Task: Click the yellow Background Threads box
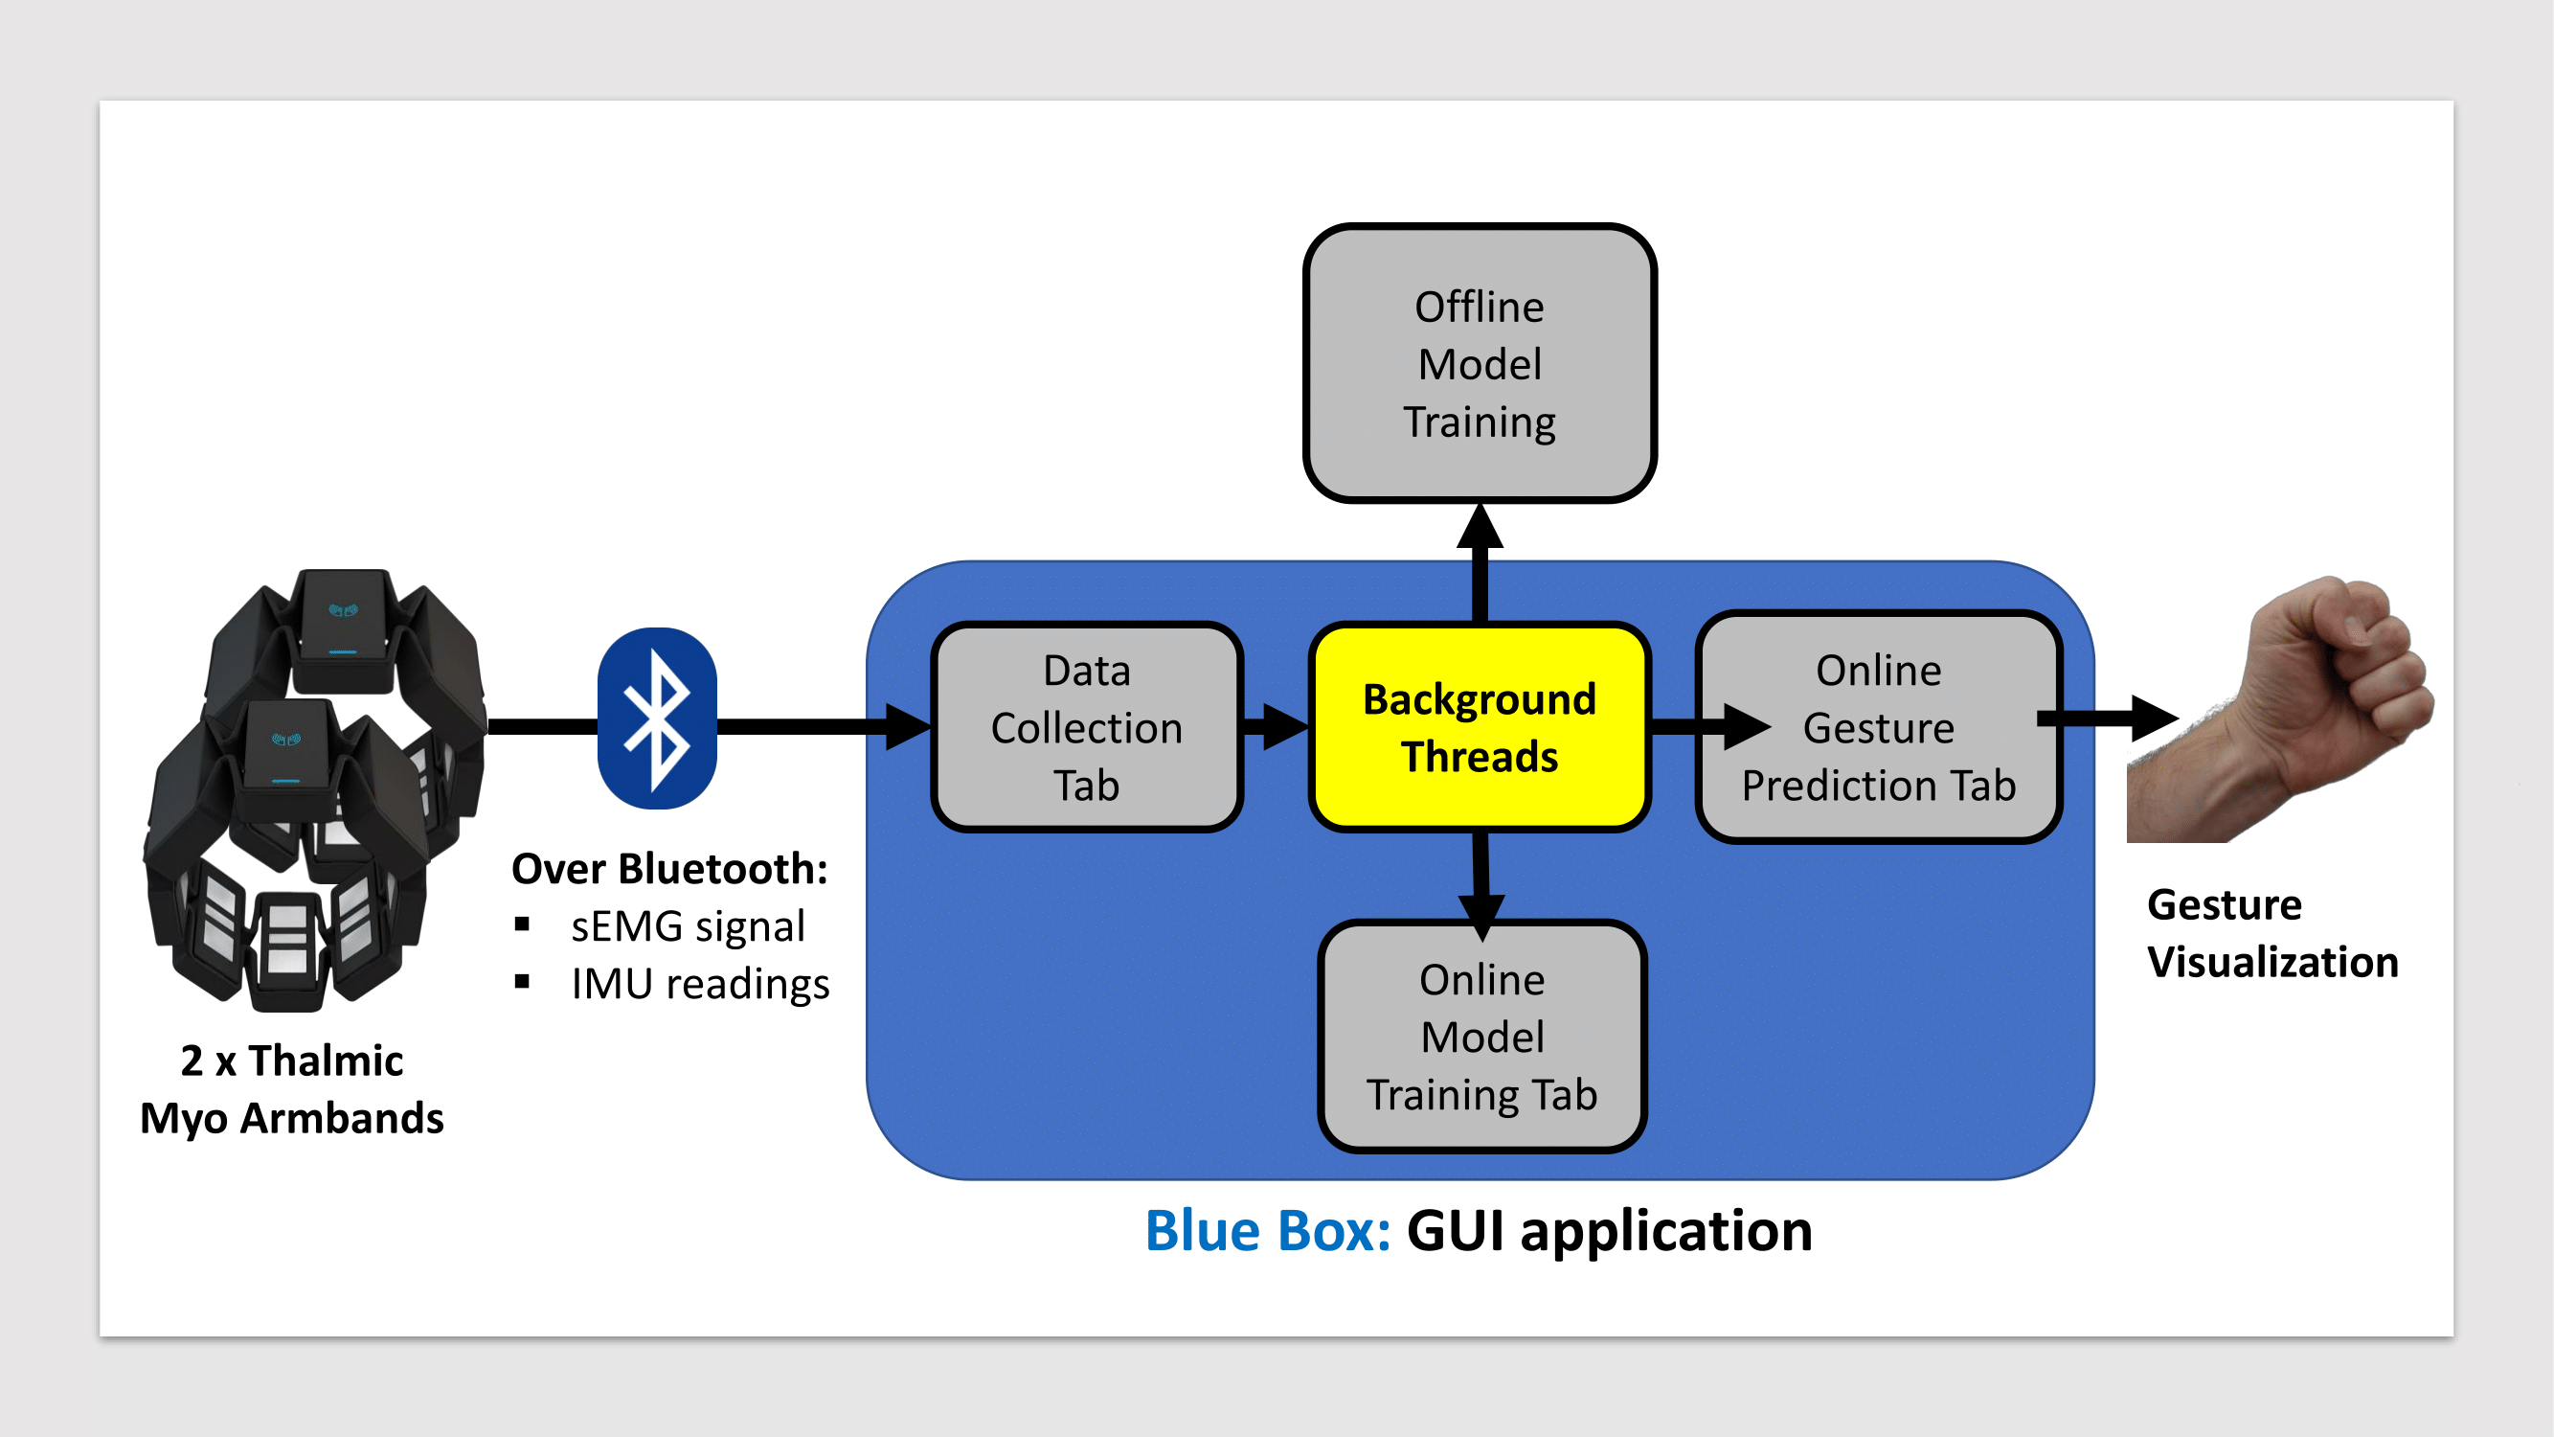click(x=1480, y=727)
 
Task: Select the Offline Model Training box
click(x=1480, y=363)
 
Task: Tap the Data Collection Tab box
click(x=1087, y=727)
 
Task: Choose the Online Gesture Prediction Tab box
click(x=1879, y=727)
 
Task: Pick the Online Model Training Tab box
click(x=1482, y=1037)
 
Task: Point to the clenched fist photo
click(x=2280, y=708)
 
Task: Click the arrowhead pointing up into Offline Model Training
click(x=1480, y=526)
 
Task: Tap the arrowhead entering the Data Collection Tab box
click(x=908, y=727)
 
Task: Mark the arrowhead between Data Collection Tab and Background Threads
click(x=1286, y=727)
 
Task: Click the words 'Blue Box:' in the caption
click(x=1268, y=1231)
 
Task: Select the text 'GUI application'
click(x=1609, y=1233)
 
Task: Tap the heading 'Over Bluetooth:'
click(x=669, y=869)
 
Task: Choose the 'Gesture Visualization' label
click(x=2272, y=933)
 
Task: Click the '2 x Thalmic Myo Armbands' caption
click(x=291, y=1089)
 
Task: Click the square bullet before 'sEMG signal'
click(x=523, y=925)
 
